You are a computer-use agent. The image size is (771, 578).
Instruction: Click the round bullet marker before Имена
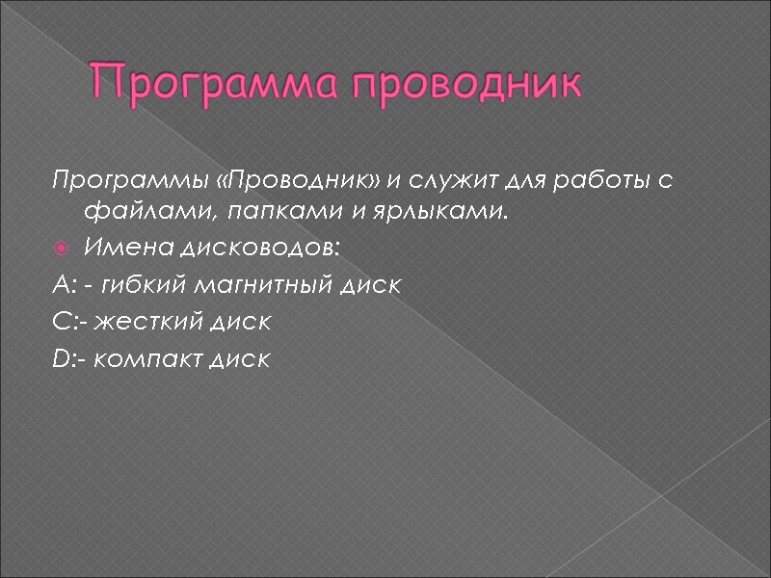[61, 250]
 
